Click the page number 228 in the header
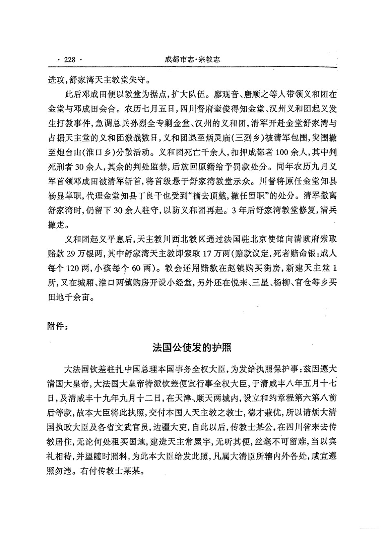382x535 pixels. [x=70, y=60]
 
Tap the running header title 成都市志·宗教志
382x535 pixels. [x=192, y=59]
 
